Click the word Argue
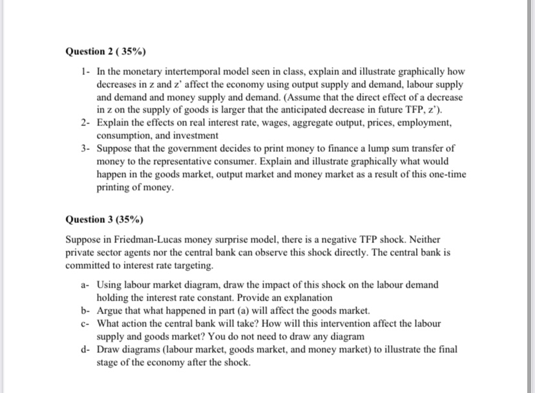[x=109, y=311]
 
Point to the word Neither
[x=432, y=239]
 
